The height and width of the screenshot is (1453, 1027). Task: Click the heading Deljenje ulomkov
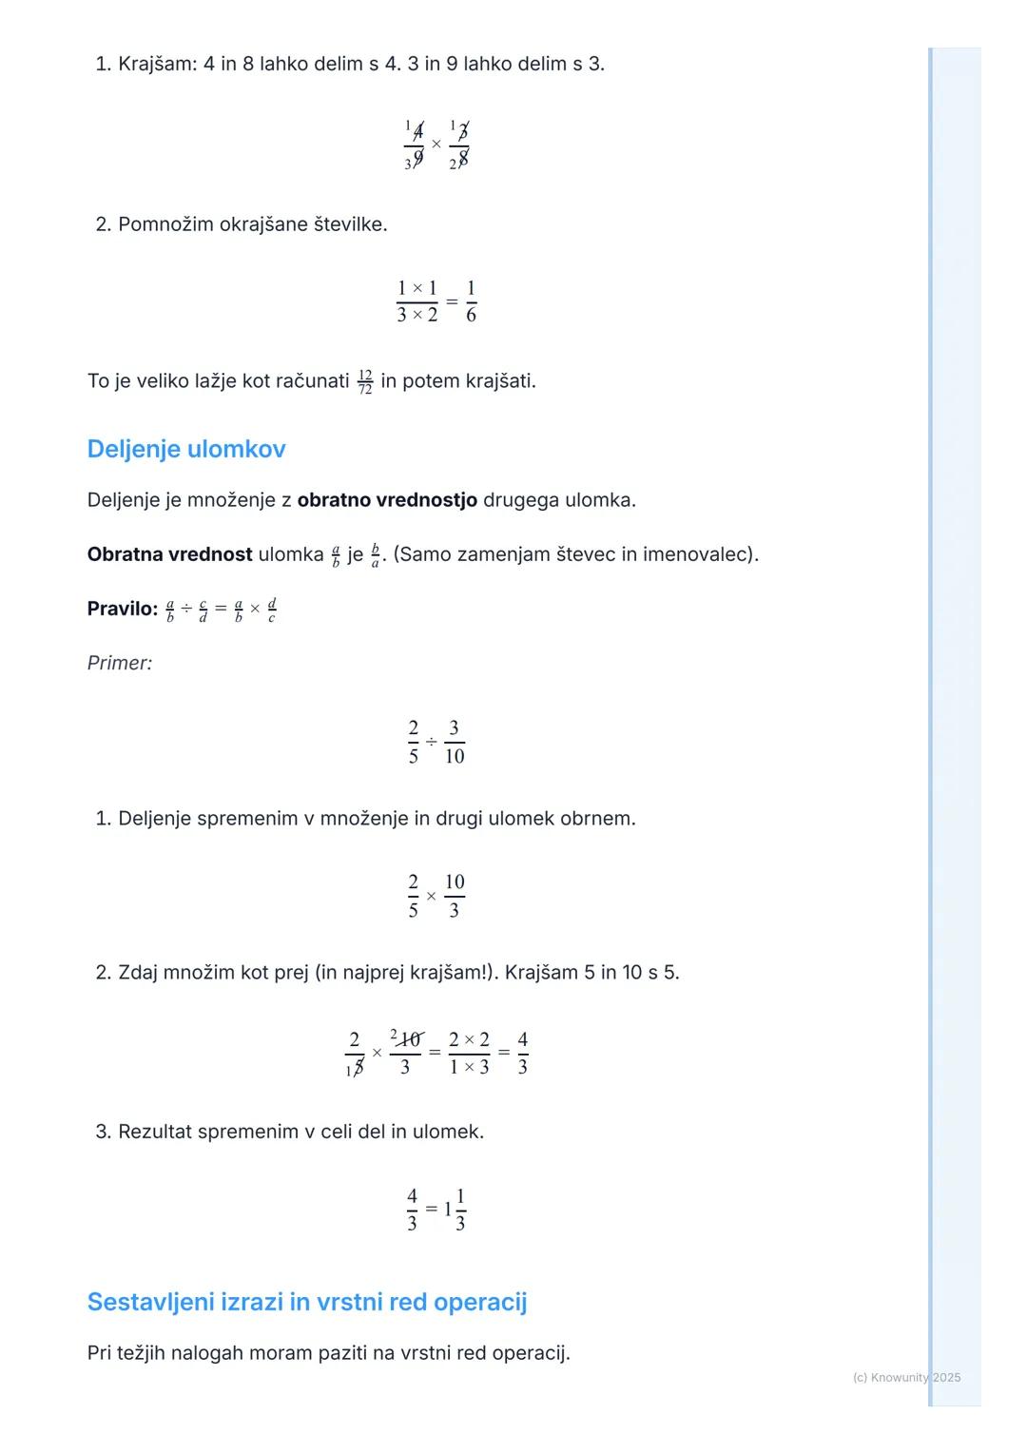pos(186,449)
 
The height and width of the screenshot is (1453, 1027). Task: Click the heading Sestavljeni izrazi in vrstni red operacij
pos(307,1302)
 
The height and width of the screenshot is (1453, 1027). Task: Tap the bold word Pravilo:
pos(123,609)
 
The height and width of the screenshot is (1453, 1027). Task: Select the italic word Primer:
pos(120,663)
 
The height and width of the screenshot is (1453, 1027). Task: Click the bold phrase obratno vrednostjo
pos(387,500)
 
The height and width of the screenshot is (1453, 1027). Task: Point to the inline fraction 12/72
pos(365,382)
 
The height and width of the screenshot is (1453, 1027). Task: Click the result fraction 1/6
pos(471,300)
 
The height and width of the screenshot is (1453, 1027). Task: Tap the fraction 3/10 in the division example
pos(455,742)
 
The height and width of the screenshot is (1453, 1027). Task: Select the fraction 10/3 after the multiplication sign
pos(455,896)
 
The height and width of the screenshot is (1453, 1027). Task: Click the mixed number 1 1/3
pos(455,1210)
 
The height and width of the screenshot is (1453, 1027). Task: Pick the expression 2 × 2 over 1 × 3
pos(469,1053)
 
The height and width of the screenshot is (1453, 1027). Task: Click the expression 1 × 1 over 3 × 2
pos(417,300)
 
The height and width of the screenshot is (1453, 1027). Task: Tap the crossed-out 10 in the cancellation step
pos(410,1039)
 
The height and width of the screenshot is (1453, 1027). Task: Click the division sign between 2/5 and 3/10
pos(432,742)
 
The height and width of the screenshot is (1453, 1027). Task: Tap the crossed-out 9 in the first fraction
pos(417,159)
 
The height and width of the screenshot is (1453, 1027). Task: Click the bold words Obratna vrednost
pos(169,554)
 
